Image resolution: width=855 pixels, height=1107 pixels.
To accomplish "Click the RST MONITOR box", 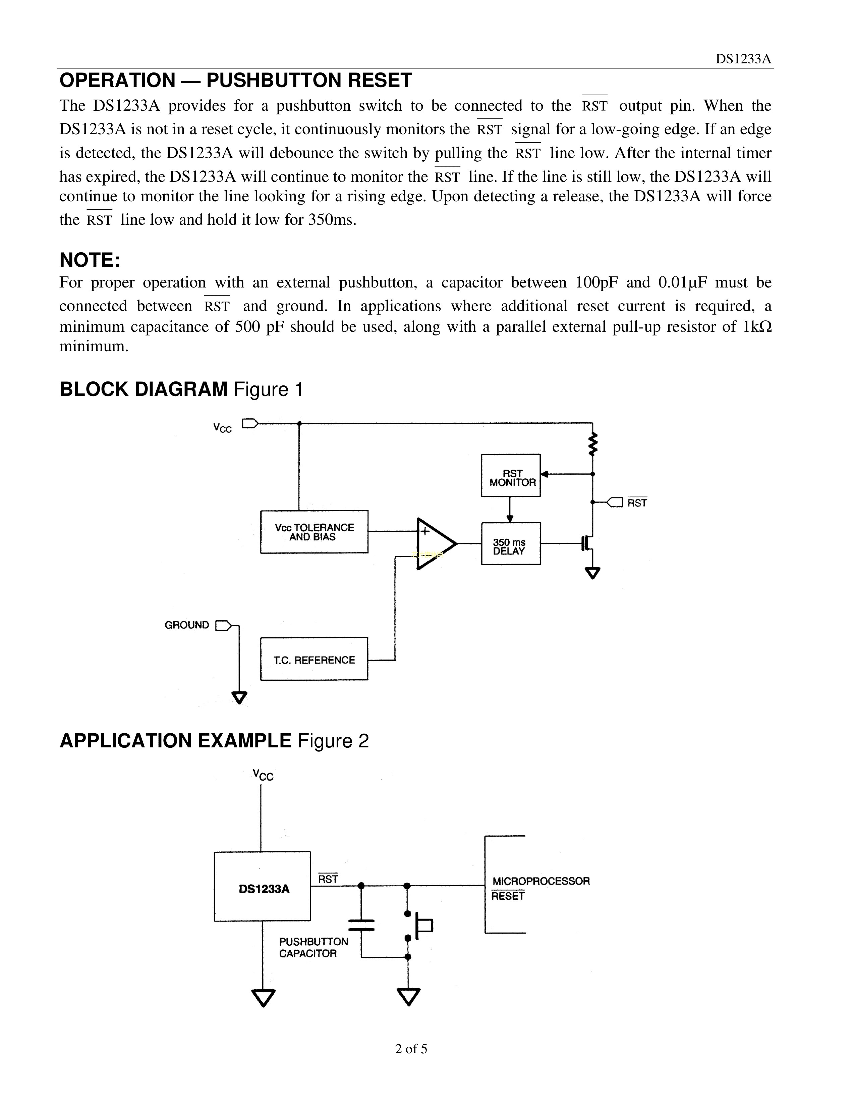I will (x=511, y=475).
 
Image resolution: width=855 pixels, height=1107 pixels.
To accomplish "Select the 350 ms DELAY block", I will (x=511, y=543).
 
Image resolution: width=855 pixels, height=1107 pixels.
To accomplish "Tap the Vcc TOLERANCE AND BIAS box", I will (x=314, y=532).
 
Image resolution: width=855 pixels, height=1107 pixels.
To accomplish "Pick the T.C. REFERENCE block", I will (x=314, y=659).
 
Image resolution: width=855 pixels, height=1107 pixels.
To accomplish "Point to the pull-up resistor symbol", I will (x=592, y=444).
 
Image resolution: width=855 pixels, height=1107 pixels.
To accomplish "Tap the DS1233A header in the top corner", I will (x=743, y=59).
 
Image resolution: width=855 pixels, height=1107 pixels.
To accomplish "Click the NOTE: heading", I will (x=90, y=260).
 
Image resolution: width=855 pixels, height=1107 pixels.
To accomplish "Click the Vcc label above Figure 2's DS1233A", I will (x=263, y=776).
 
